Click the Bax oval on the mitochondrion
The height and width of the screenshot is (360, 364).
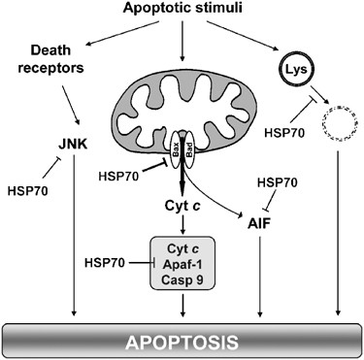175,147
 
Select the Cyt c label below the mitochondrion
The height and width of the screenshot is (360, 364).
182,206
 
